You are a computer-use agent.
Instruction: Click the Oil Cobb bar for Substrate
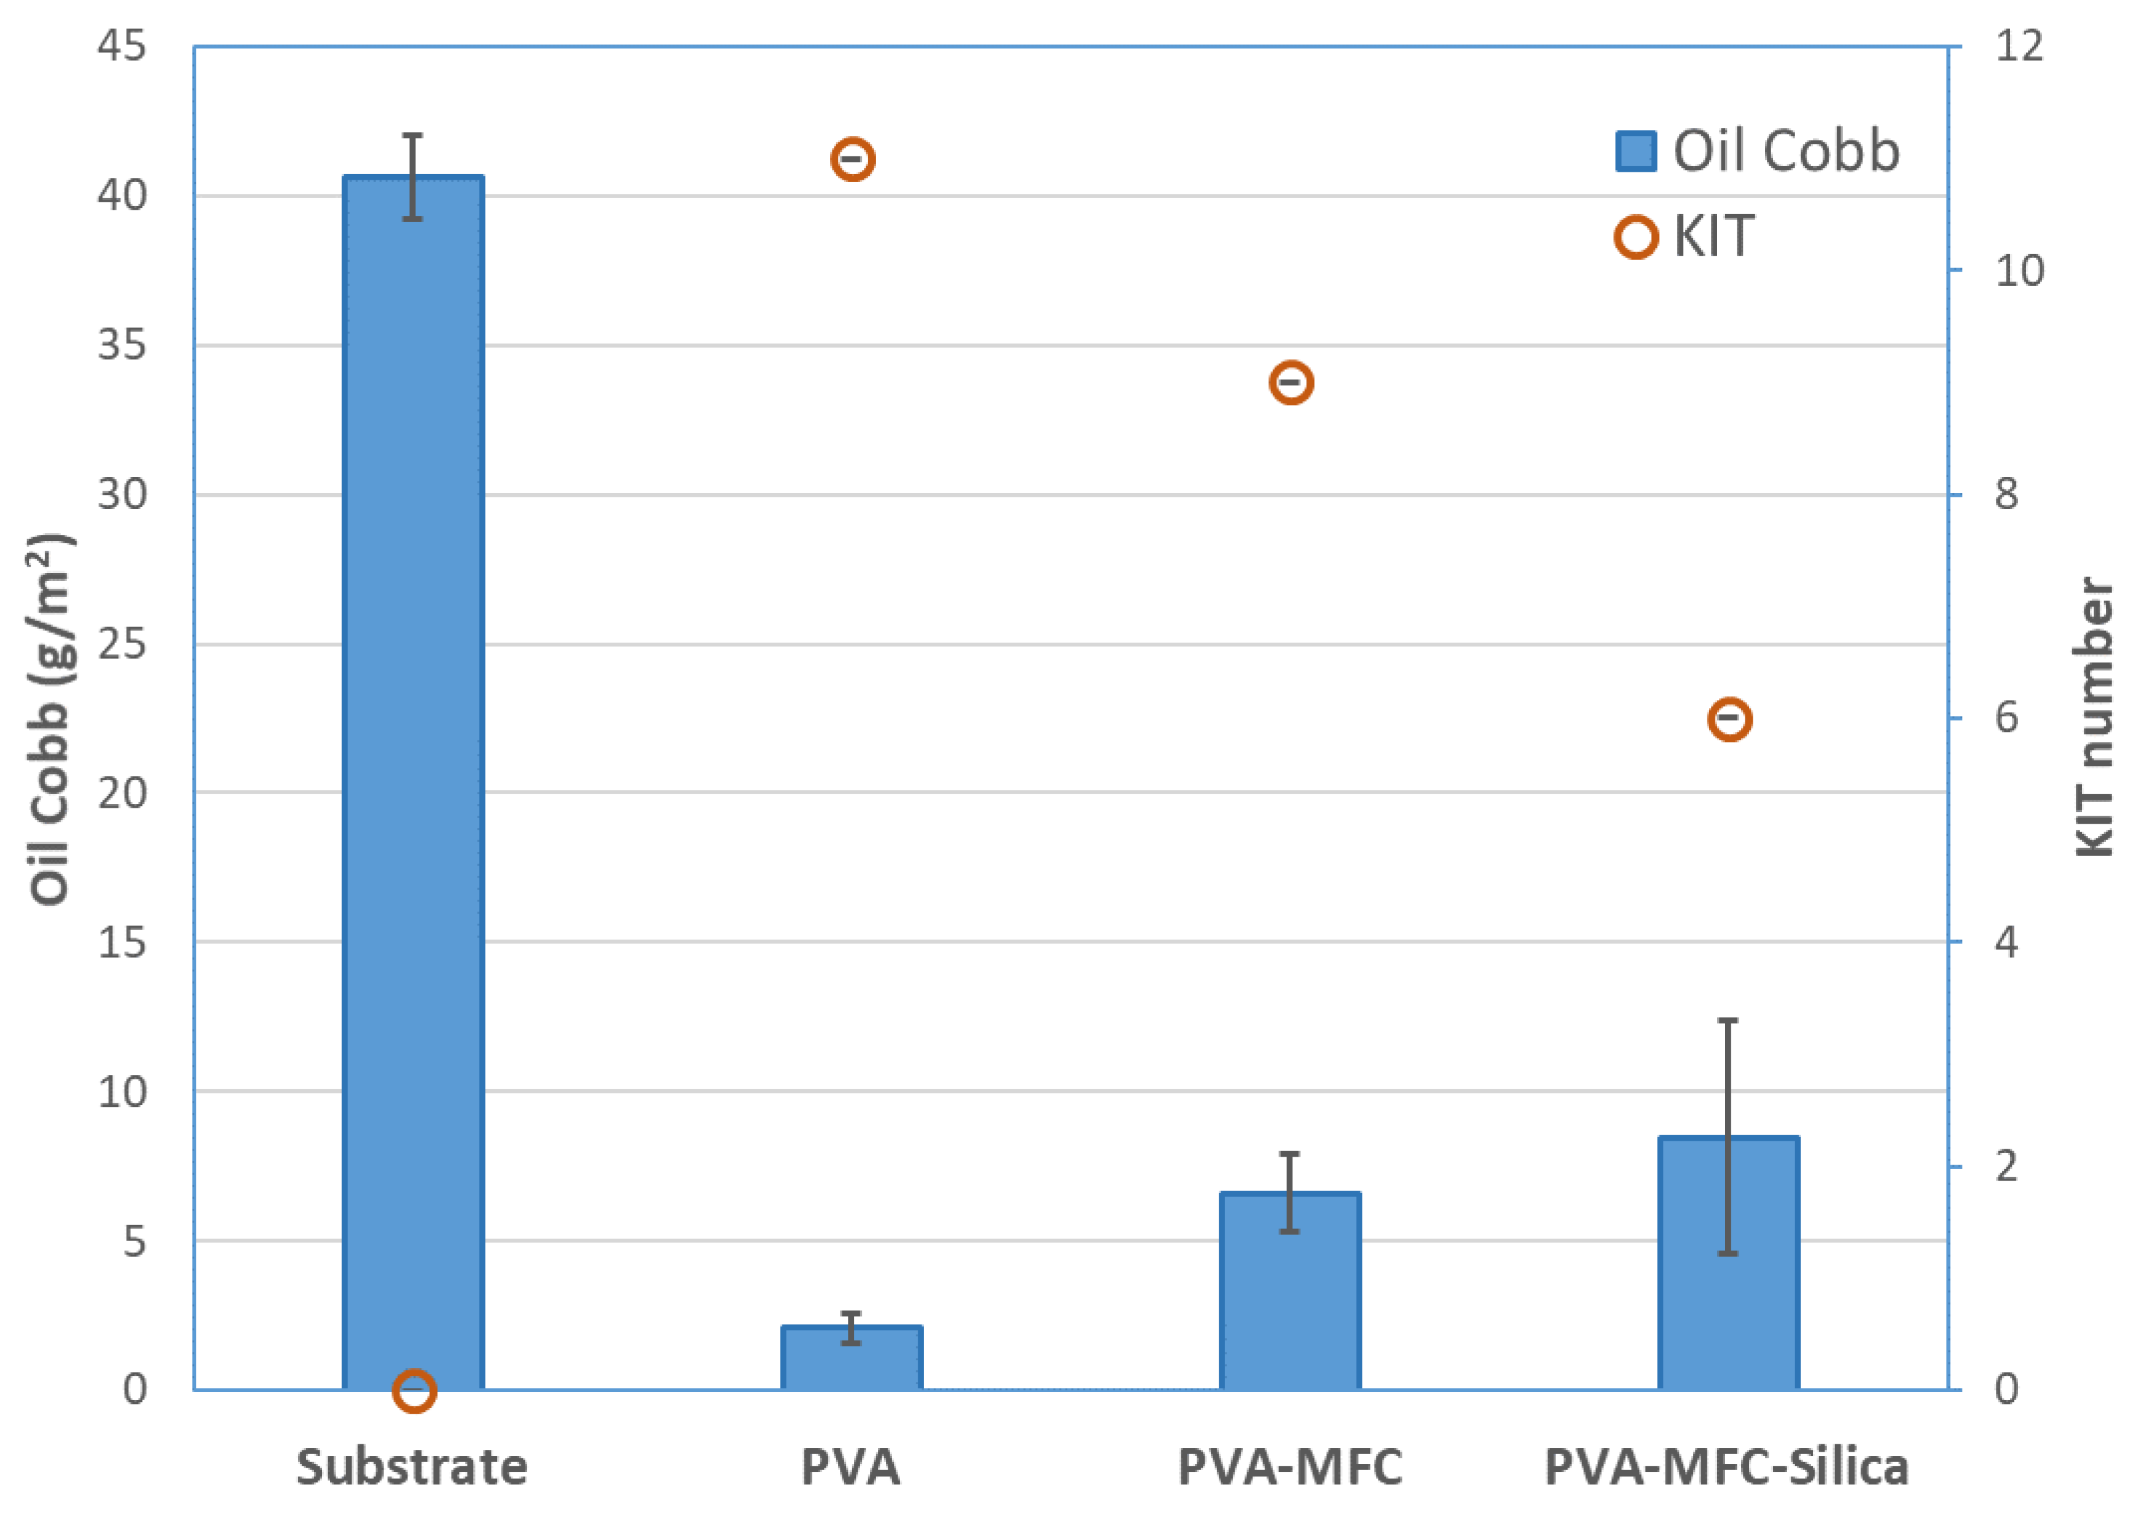(413, 784)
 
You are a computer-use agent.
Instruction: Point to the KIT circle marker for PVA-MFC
(1291, 383)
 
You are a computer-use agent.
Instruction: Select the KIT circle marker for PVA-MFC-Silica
(1729, 719)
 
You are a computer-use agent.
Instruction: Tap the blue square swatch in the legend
(1636, 151)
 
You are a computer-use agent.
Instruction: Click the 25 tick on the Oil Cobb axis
(122, 644)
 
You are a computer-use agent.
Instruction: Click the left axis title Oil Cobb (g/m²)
(48, 719)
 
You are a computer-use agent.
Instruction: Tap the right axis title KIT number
(2094, 719)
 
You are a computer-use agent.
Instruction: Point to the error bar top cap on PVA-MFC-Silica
(1729, 1020)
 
